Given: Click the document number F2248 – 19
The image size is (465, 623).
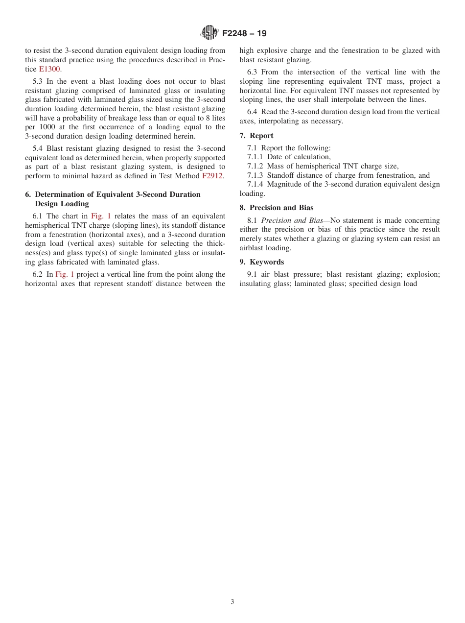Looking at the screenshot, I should (244, 34).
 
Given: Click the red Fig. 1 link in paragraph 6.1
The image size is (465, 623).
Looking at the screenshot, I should (101, 216).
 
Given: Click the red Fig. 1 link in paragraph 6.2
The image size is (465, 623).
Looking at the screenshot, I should (65, 274).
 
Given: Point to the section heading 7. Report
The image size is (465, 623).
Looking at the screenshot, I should (256, 136).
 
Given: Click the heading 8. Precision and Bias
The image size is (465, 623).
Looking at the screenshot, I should (277, 208).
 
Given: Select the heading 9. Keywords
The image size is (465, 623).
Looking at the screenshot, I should (261, 262).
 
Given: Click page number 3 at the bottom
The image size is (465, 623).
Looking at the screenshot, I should (232, 602).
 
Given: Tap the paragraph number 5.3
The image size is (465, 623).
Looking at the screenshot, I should (38, 81).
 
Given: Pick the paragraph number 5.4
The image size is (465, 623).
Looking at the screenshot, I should (38, 148).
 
